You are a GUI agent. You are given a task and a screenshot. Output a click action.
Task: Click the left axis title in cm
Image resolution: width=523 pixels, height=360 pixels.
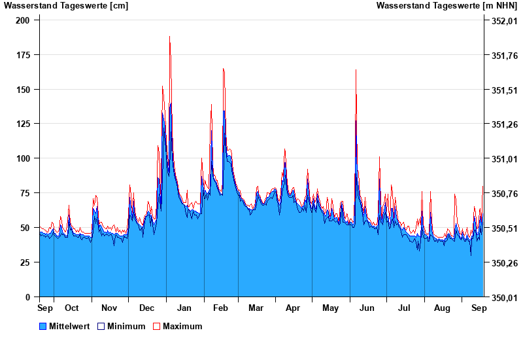66,6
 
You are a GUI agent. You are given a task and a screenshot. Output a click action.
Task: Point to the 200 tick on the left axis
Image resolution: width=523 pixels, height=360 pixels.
24,20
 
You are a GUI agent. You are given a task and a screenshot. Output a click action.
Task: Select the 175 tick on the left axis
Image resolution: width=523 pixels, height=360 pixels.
24,55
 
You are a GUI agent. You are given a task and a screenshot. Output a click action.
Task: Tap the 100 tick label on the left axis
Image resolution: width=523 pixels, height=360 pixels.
24,158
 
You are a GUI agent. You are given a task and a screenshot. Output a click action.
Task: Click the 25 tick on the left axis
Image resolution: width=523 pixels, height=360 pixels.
26,262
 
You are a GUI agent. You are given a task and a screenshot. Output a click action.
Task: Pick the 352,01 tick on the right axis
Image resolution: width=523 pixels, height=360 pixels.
500,21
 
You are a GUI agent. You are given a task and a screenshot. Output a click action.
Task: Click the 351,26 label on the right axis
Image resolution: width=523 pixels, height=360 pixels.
500,124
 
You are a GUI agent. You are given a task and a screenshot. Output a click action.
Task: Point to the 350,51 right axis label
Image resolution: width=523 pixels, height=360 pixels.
500,228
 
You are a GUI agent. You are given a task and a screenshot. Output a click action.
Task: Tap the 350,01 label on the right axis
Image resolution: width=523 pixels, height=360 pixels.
500,298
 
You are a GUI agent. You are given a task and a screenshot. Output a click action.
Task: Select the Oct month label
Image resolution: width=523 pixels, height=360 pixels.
71,308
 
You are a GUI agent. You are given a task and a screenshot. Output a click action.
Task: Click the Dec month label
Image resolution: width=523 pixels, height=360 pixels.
146,308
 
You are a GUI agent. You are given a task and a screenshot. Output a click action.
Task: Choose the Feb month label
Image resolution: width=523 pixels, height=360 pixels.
221,308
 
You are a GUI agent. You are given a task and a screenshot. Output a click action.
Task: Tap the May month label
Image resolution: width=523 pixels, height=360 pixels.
331,308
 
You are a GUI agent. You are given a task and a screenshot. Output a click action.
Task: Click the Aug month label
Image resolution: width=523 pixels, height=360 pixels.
443,308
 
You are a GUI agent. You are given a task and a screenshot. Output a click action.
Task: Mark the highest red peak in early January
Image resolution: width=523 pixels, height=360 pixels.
170,37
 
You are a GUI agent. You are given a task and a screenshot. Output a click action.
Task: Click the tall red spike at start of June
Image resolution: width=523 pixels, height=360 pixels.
356,70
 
